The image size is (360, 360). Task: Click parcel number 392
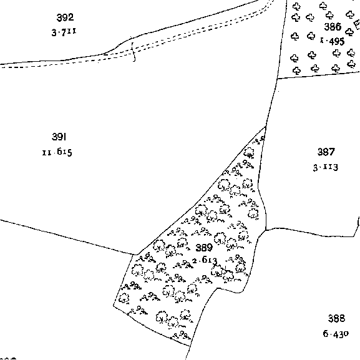(65, 17)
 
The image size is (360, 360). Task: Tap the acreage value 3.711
(64, 32)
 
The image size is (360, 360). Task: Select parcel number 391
(59, 137)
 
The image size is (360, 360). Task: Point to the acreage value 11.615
(57, 152)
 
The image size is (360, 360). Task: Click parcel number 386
(332, 27)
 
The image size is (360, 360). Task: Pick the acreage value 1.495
(332, 41)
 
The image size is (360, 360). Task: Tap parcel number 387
(326, 152)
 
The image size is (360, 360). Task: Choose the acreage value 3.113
(326, 167)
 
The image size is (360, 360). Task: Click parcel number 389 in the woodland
(204, 248)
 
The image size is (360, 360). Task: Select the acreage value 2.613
(205, 261)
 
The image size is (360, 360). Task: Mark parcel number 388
(336, 318)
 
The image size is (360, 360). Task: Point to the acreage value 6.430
(336, 333)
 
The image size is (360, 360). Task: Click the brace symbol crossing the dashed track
(133, 52)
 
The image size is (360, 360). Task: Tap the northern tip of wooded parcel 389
(266, 126)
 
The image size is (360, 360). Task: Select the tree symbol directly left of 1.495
(311, 36)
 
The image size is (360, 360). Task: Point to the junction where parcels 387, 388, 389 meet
(266, 230)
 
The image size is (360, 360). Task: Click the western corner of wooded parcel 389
(114, 305)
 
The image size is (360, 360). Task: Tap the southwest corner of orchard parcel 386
(278, 79)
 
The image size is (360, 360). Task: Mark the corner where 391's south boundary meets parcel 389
(136, 255)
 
